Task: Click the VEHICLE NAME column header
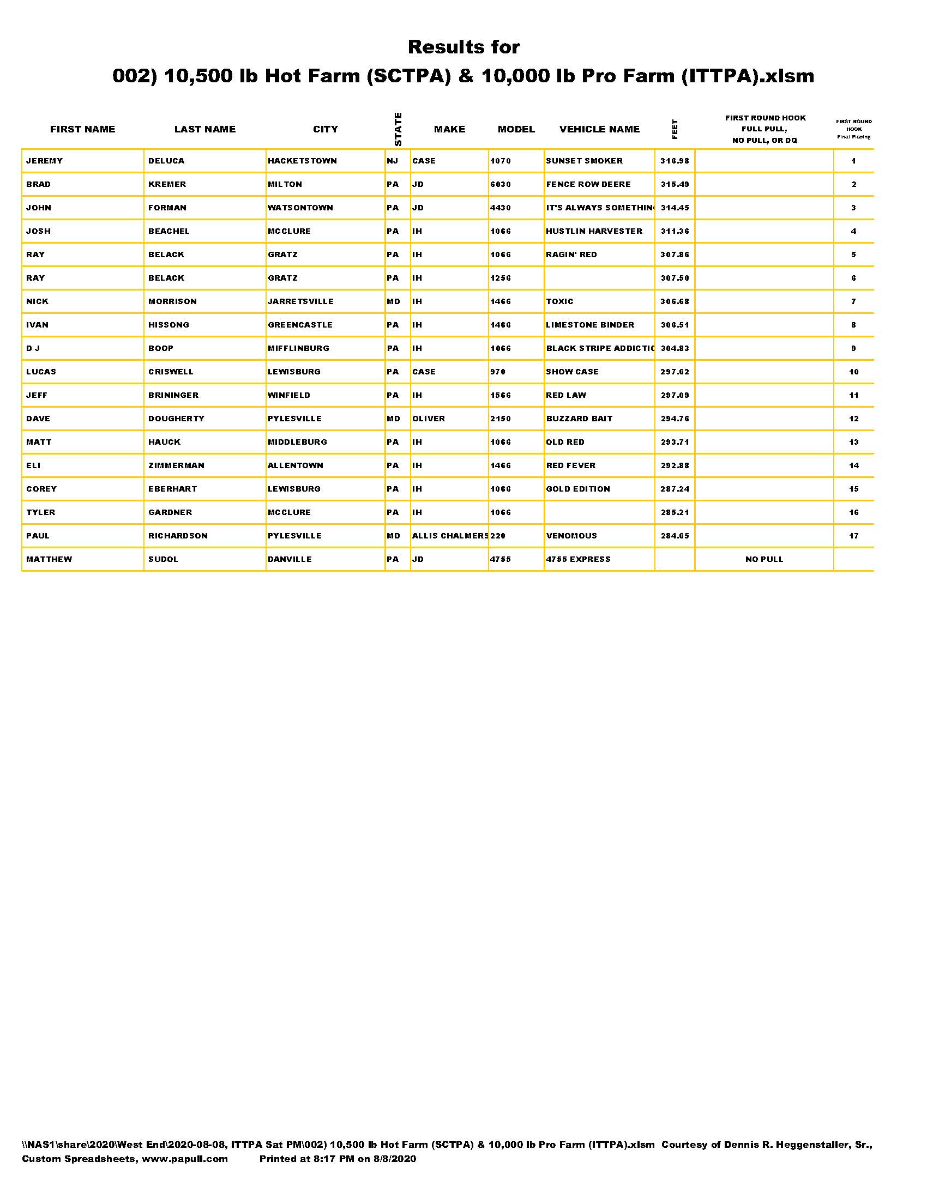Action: [x=599, y=129]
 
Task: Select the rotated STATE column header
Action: [x=398, y=129]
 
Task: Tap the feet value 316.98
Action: [x=675, y=161]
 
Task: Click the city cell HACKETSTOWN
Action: [x=302, y=161]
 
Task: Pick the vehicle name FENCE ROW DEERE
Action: [x=588, y=184]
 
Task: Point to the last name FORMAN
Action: [x=167, y=208]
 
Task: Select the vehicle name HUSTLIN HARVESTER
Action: [x=594, y=231]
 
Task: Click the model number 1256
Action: [x=500, y=278]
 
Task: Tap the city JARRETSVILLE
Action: [x=300, y=301]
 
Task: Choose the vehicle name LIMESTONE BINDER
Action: [x=590, y=325]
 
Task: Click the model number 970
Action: [x=497, y=372]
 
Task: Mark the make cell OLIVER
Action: [x=429, y=419]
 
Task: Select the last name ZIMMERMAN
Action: [x=176, y=465]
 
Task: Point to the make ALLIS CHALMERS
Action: [x=450, y=536]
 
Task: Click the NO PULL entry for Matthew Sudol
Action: [x=764, y=559]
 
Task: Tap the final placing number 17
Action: [x=853, y=536]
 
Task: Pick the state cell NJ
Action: [x=392, y=161]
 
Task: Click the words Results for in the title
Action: [x=463, y=47]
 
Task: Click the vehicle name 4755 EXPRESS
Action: [x=577, y=559]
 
